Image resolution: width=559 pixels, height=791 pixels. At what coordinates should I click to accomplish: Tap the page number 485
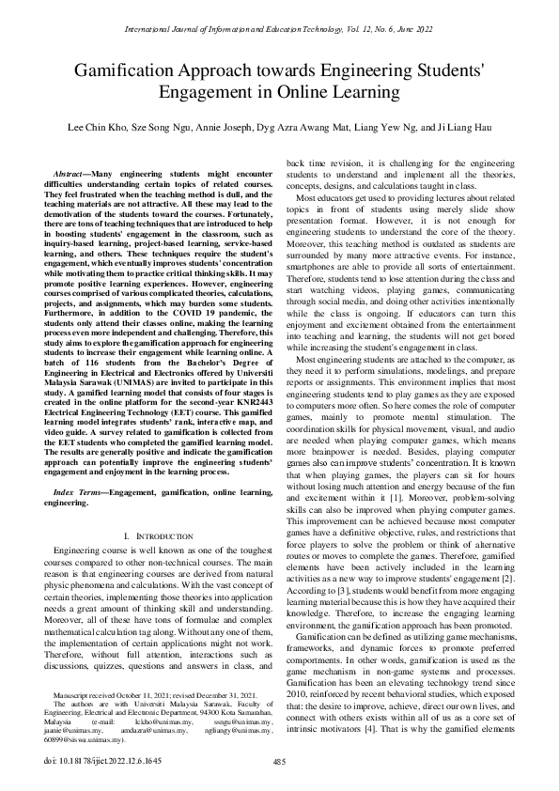point(279,761)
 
